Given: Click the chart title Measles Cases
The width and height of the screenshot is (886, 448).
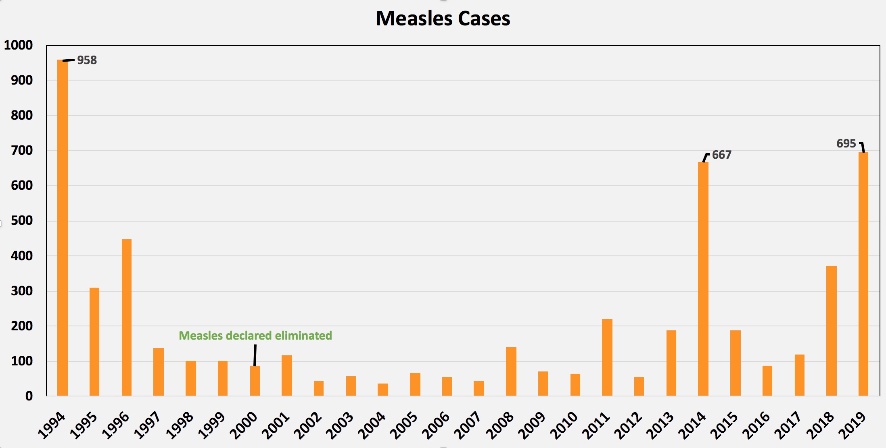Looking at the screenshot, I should tap(443, 19).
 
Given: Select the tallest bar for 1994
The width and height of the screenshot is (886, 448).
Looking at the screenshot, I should tap(63, 228).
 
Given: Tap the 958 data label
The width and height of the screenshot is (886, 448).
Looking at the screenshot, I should tap(87, 60).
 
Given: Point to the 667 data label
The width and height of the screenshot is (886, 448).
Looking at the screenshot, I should tap(721, 155).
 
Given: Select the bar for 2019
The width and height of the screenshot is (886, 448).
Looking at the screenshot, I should tap(863, 274).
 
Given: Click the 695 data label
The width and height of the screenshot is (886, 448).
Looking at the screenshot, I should tap(846, 144).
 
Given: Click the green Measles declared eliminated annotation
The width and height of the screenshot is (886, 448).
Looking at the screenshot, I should tap(255, 336).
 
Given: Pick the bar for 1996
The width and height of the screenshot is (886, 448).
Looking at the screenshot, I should tap(127, 317).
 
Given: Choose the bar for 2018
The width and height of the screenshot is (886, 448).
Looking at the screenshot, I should tap(831, 331).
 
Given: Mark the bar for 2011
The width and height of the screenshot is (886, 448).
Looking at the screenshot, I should tap(607, 357).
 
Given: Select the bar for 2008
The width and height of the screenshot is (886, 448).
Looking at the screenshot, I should tap(511, 371).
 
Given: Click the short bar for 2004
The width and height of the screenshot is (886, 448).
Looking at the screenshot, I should tap(383, 390).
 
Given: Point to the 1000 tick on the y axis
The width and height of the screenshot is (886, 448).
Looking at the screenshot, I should tap(19, 45).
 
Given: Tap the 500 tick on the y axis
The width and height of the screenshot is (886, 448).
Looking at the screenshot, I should tap(22, 221).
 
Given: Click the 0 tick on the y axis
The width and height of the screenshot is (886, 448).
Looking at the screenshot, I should tap(29, 396).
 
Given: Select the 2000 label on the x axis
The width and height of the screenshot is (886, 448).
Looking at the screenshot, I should tap(244, 425).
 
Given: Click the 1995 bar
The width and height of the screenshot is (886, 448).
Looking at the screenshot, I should tap(94, 342).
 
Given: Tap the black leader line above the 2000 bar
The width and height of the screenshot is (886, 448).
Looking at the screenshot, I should tap(255, 355).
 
